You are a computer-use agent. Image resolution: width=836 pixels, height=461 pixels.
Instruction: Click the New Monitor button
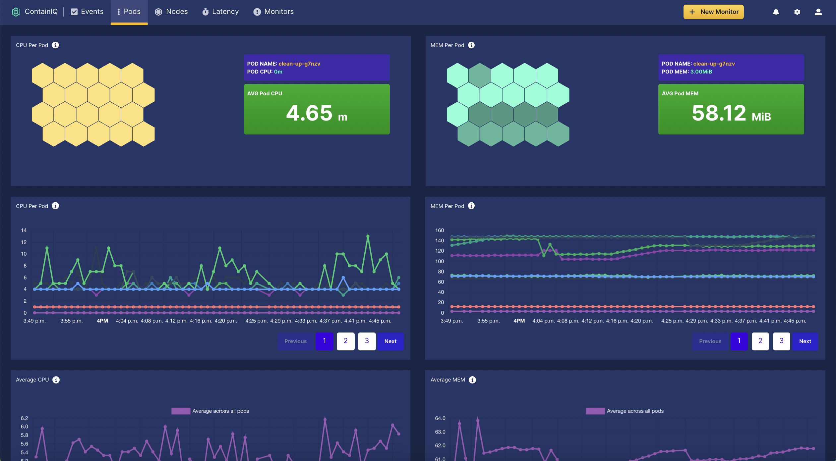[713, 12]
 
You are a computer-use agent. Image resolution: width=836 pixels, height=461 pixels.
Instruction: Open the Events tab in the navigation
[87, 12]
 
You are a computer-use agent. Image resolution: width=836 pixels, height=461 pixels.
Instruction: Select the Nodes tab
[171, 12]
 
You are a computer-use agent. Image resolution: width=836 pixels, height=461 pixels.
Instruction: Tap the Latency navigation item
[220, 12]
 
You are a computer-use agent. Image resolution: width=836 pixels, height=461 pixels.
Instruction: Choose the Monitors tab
[273, 12]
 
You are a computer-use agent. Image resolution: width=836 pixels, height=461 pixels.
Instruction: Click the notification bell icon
[776, 12]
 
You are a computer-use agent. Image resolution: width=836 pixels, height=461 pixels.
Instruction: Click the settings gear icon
[797, 12]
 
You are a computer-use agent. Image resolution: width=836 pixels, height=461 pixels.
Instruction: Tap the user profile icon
[818, 12]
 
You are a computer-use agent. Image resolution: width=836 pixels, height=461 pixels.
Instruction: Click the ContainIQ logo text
[41, 12]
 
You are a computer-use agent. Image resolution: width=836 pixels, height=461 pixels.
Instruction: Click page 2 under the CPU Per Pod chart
[345, 341]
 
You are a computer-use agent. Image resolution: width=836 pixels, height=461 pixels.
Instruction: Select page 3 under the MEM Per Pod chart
[781, 341]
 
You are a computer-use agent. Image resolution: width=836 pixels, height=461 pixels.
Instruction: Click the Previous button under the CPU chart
[295, 341]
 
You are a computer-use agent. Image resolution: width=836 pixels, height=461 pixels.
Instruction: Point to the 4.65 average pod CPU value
[309, 113]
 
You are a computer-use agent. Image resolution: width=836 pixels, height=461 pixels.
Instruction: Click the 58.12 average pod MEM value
[719, 113]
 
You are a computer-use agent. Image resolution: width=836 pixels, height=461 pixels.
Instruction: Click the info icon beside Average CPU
[56, 380]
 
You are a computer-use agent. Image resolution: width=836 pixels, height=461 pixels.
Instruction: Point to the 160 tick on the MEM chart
[440, 230]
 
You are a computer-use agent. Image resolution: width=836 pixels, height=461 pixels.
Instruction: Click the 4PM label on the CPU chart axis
[102, 321]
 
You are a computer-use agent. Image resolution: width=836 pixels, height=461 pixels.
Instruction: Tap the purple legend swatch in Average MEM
[595, 411]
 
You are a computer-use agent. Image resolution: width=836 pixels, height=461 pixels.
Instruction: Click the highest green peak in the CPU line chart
[368, 236]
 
